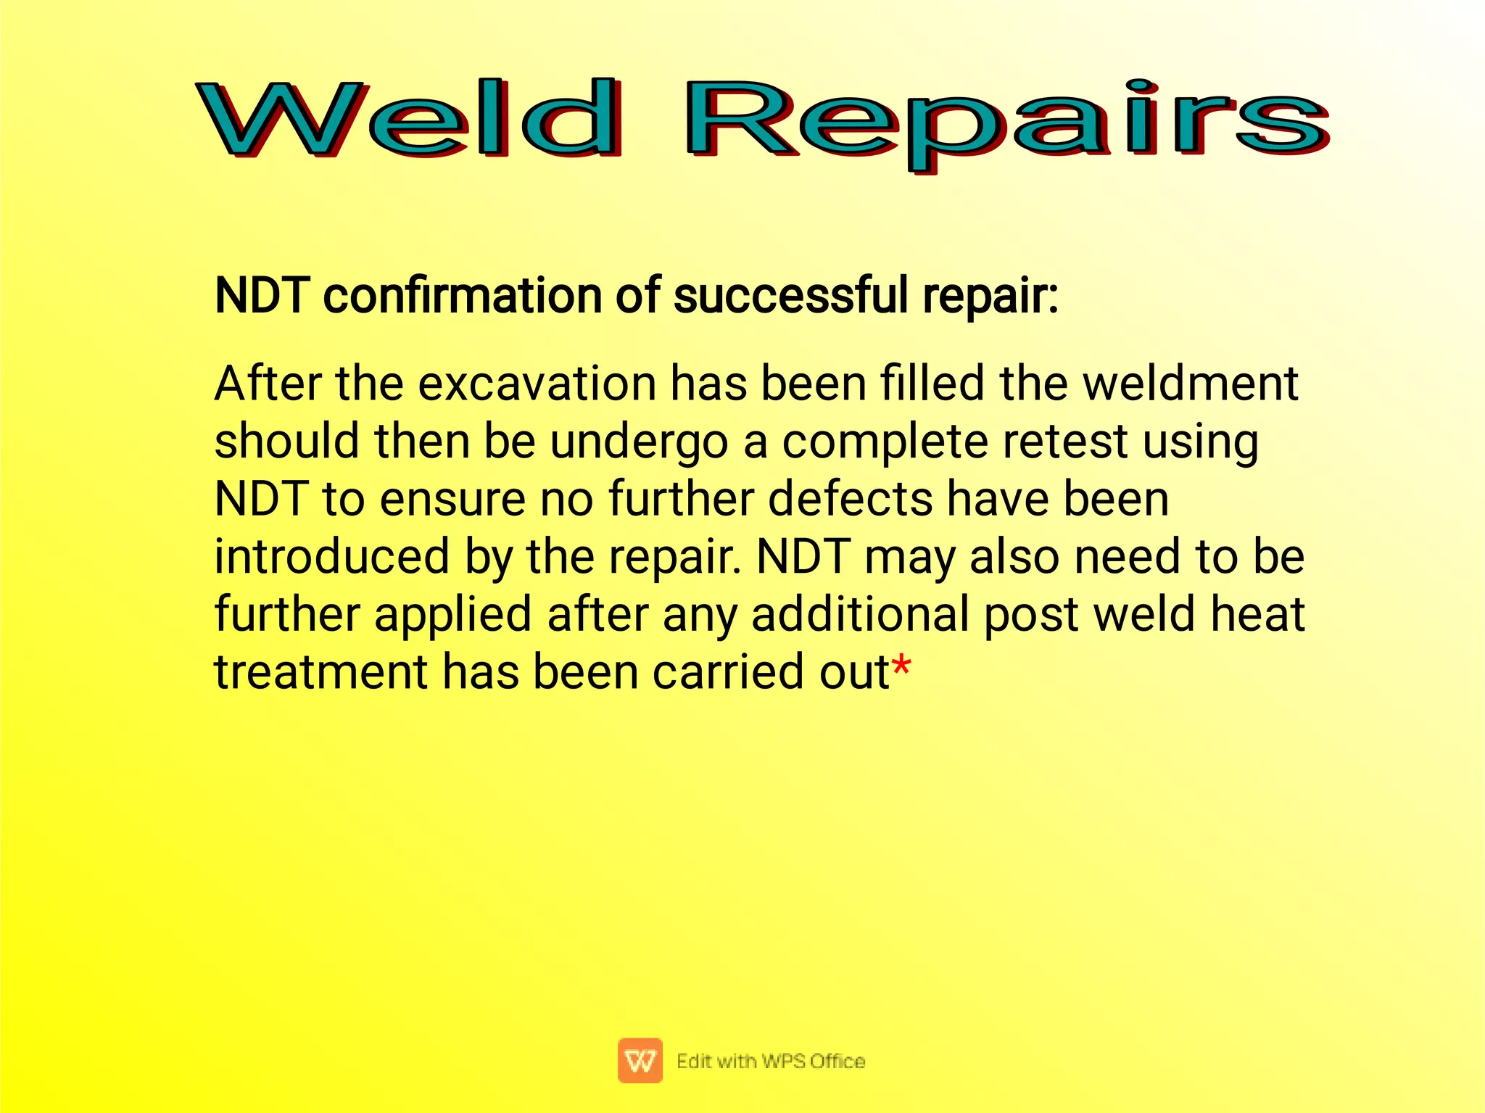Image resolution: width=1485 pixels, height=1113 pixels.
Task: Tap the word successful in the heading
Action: tap(790, 296)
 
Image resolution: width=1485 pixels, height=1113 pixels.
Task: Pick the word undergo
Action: tap(638, 442)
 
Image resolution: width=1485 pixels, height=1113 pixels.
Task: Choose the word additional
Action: tap(860, 614)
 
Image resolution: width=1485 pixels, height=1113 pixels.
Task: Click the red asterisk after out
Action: tap(901, 665)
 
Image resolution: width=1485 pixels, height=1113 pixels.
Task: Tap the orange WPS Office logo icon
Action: tap(640, 1060)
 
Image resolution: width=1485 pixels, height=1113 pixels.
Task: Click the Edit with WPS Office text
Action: tap(770, 1061)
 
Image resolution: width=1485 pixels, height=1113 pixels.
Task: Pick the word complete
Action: tap(884, 442)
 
